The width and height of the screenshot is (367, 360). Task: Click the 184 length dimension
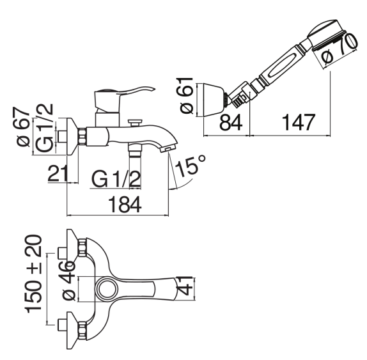pyautogui.click(x=125, y=205)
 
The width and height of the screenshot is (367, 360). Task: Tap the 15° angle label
pyautogui.click(x=190, y=165)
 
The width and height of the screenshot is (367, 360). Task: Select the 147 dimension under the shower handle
pyautogui.click(x=299, y=122)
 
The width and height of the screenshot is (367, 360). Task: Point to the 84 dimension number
pyautogui.click(x=231, y=122)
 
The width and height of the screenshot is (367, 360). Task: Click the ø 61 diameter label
pyautogui.click(x=187, y=95)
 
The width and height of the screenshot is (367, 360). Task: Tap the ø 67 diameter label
pyautogui.click(x=23, y=127)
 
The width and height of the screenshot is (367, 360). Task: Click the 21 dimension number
pyautogui.click(x=58, y=173)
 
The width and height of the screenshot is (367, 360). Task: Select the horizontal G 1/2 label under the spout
pyautogui.click(x=116, y=179)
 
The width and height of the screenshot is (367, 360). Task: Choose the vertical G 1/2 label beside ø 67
pyautogui.click(x=44, y=128)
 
